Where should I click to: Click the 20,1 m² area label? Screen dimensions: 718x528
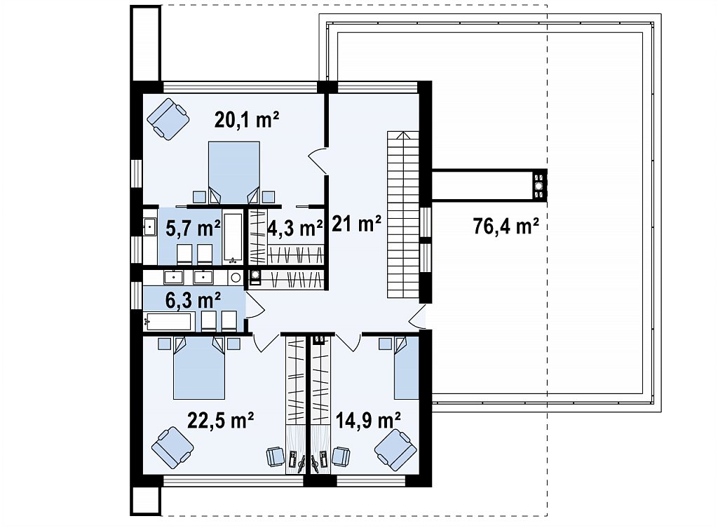[247, 120]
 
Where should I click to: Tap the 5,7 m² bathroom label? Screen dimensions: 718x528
[193, 228]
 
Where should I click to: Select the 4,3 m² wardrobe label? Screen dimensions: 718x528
[295, 228]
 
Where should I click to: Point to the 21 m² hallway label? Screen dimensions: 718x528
[356, 224]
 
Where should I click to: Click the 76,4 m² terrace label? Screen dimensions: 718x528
[506, 226]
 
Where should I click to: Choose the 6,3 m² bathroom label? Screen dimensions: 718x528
[194, 300]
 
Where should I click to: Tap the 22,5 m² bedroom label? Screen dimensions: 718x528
[221, 420]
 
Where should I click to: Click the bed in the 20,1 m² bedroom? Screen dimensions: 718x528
[234, 172]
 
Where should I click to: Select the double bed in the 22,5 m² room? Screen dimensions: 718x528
[199, 367]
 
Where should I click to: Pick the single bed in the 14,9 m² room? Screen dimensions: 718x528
[407, 367]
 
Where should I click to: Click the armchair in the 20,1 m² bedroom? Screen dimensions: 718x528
[168, 119]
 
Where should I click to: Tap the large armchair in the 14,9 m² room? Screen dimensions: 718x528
[395, 449]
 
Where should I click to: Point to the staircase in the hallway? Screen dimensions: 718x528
[403, 215]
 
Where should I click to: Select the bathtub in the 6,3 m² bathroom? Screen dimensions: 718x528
[168, 321]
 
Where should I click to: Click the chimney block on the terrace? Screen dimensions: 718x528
[540, 185]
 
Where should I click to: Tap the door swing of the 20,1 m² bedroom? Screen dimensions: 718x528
[317, 161]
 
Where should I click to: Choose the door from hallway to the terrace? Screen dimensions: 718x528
[418, 317]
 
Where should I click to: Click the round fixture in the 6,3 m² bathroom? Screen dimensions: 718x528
[236, 277]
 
